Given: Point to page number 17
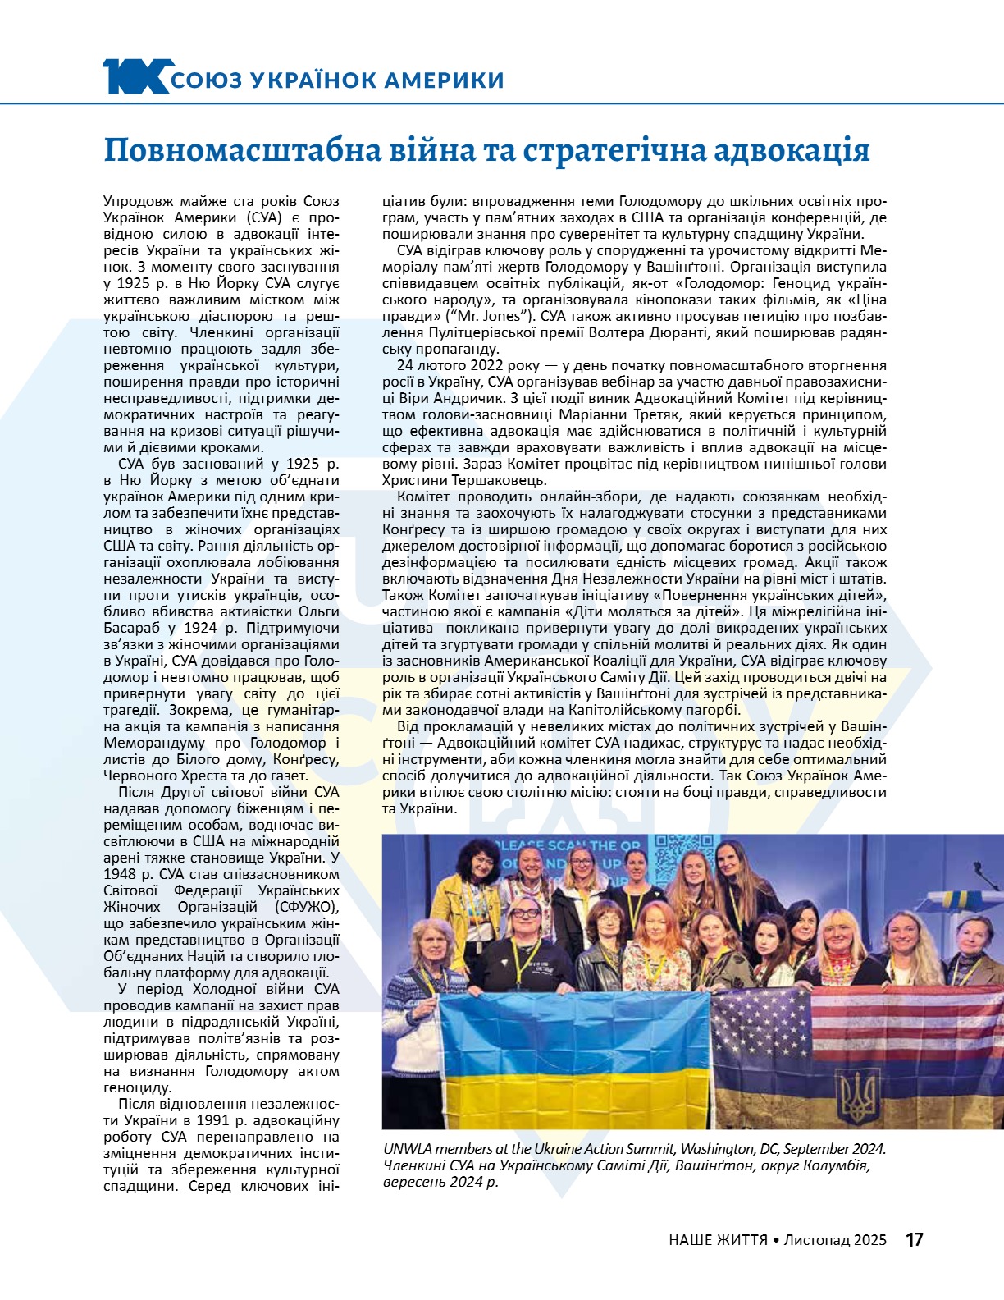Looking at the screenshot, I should tap(915, 1239).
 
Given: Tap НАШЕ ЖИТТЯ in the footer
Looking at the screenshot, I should tap(718, 1240).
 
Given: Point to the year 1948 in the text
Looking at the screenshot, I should tap(120, 874).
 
